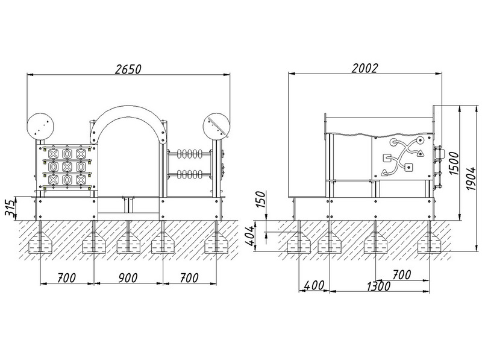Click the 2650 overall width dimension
(x=128, y=69)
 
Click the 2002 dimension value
(x=365, y=68)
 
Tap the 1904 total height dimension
(x=471, y=178)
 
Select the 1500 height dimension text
(x=454, y=163)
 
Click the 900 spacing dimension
(x=128, y=278)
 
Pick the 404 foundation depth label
(x=250, y=236)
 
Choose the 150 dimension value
(x=261, y=199)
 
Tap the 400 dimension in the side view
(x=314, y=286)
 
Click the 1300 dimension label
(x=378, y=286)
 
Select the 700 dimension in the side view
(x=401, y=275)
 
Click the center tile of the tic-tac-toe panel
(x=67, y=166)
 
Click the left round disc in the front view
(x=40, y=127)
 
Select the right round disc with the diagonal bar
(x=217, y=127)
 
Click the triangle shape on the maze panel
(x=419, y=153)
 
